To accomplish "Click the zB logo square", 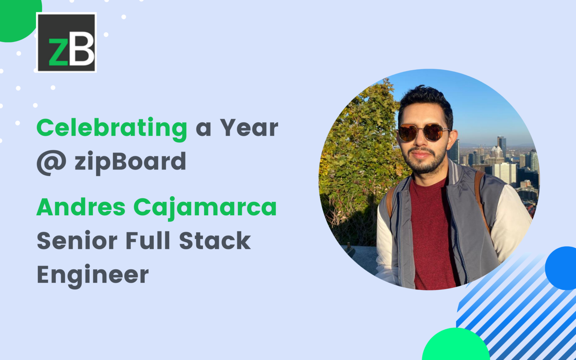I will pyautogui.click(x=66, y=42).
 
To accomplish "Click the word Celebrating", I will pyautogui.click(x=112, y=128).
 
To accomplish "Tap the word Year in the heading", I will pyautogui.click(x=249, y=128).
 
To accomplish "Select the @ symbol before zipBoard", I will pyautogui.click(x=51, y=162).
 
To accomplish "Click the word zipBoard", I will pyautogui.click(x=130, y=162).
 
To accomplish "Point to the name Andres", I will pyautogui.click(x=81, y=207).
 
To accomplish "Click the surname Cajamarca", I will pyautogui.click(x=205, y=208).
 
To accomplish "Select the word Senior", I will pyautogui.click(x=77, y=241).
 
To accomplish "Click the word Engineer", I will pyautogui.click(x=93, y=275).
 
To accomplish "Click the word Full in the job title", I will pyautogui.click(x=148, y=241).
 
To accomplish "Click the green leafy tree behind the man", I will pyautogui.click(x=360, y=150).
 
